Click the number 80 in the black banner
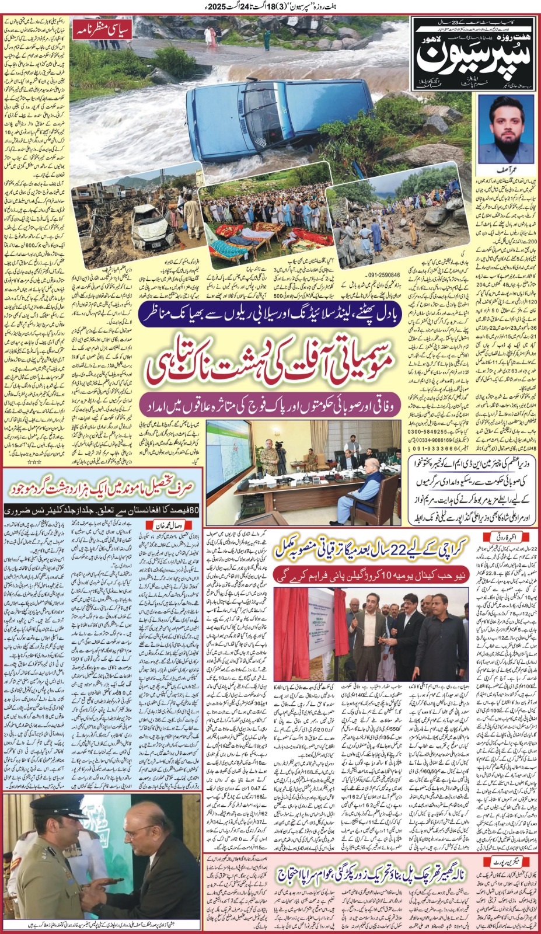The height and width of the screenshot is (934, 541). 194,510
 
